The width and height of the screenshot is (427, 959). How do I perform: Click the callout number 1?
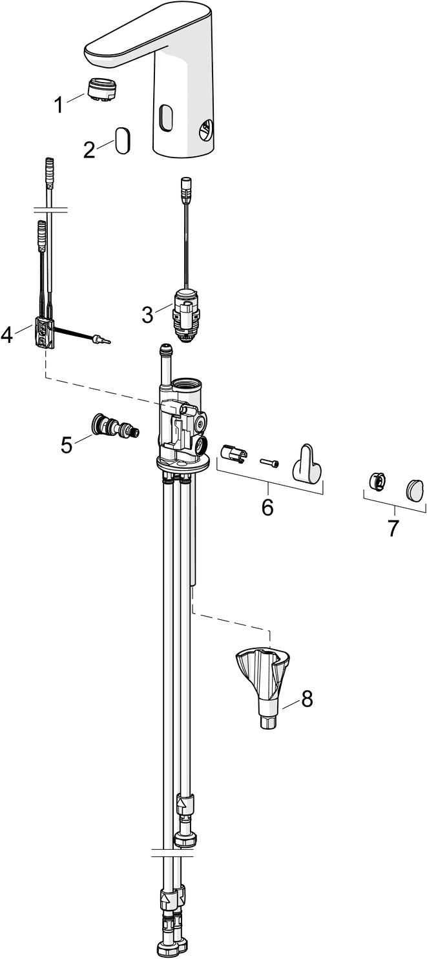coord(59,104)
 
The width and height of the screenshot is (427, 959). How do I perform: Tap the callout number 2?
coord(90,150)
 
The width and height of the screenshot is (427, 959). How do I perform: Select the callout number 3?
coord(147,315)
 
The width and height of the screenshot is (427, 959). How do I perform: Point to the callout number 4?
coord(8,334)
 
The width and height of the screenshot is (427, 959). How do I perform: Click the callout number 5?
coord(67,444)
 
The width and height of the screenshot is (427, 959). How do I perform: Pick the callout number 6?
coord(267,506)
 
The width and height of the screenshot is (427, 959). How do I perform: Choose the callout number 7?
coord(393,527)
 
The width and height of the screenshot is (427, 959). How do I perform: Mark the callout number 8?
coord(306,698)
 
